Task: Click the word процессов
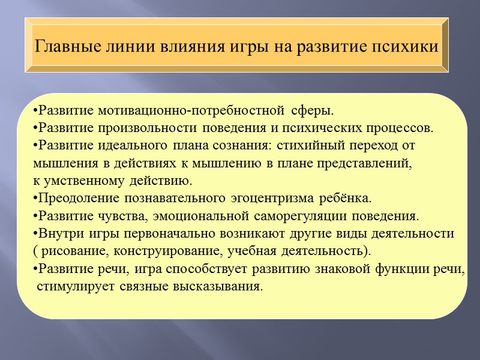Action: [x=401, y=128]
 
